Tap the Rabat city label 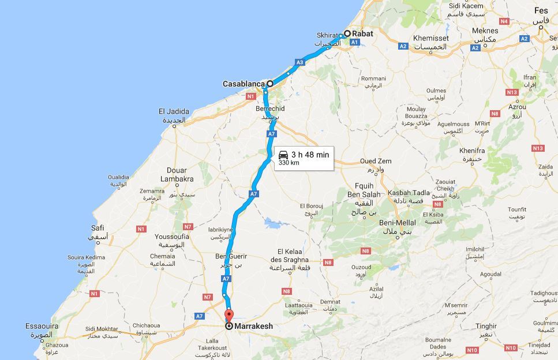(x=362, y=33)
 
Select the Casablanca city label (x=243, y=84)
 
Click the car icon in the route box (x=283, y=154)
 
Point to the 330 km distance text (x=289, y=163)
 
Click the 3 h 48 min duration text (x=310, y=154)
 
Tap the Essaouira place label (x=42, y=327)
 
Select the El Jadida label (x=174, y=111)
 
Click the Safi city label (x=98, y=228)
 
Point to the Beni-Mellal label (x=398, y=222)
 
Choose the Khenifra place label (x=472, y=151)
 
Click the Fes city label (x=541, y=11)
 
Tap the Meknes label (x=485, y=31)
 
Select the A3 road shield (x=299, y=62)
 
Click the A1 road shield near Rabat (x=354, y=42)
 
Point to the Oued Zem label (x=376, y=161)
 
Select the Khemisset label (x=430, y=38)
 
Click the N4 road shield (x=504, y=21)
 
